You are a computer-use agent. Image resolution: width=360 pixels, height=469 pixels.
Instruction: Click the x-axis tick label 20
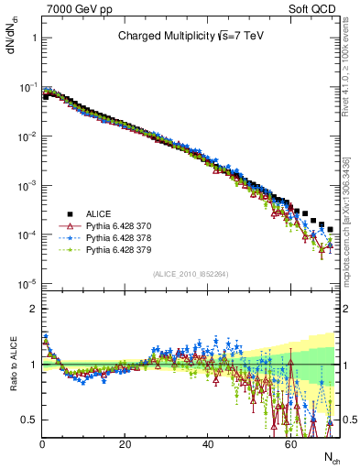[125, 442]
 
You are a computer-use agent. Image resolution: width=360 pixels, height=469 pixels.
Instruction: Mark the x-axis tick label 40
[207, 442]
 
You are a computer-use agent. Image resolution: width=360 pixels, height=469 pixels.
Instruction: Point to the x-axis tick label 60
[289, 442]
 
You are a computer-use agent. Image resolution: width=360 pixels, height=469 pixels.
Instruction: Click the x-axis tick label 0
[42, 442]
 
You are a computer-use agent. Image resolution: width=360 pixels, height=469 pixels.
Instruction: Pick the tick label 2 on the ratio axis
[32, 309]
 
